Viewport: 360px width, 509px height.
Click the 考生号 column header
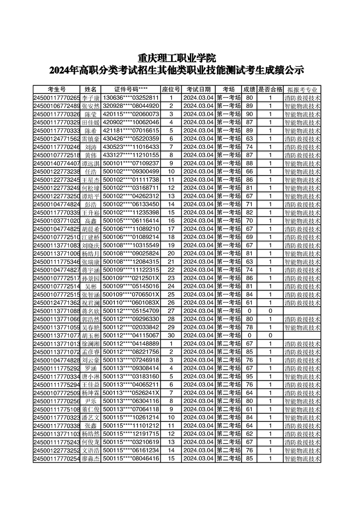click(57, 89)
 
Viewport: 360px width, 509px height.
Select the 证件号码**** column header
click(131, 89)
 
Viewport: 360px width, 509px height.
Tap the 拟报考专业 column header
click(302, 89)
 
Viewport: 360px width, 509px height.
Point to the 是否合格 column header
click(270, 89)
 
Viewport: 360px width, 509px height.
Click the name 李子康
click(91, 98)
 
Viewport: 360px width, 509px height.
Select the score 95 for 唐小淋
click(249, 376)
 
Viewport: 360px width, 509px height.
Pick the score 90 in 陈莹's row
click(249, 114)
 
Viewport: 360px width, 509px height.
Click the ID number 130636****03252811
click(131, 98)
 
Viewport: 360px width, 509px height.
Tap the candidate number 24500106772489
click(57, 106)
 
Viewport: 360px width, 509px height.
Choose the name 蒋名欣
click(91, 311)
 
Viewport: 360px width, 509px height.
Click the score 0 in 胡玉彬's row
click(249, 335)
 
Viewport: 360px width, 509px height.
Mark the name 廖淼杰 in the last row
click(91, 459)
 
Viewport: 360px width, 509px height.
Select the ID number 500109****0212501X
click(131, 278)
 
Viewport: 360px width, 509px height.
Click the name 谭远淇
click(91, 163)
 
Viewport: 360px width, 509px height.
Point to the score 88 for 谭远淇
click(249, 163)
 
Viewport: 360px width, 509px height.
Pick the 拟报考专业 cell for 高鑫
click(302, 220)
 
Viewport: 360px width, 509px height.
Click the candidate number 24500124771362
click(57, 303)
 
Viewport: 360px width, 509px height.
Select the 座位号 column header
click(171, 89)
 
